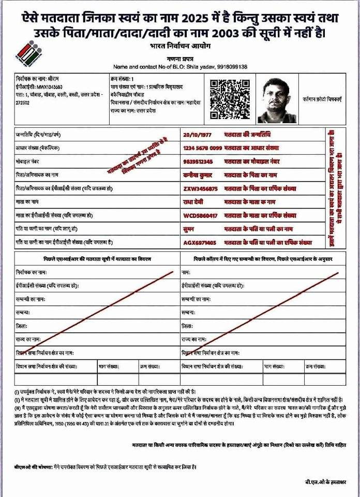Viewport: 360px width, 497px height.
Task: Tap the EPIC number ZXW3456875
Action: coord(201,188)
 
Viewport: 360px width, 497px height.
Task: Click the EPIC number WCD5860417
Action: coord(201,215)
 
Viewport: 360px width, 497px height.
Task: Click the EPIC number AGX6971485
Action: coord(201,242)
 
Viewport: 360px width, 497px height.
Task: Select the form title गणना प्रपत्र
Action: coord(180,59)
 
